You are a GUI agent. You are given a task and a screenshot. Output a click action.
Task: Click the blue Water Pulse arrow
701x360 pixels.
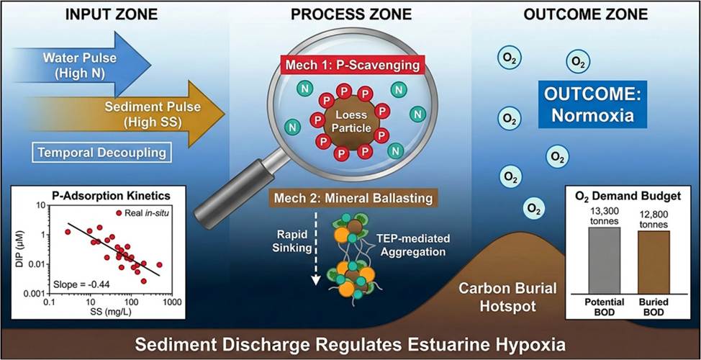pyautogui.click(x=86, y=64)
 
